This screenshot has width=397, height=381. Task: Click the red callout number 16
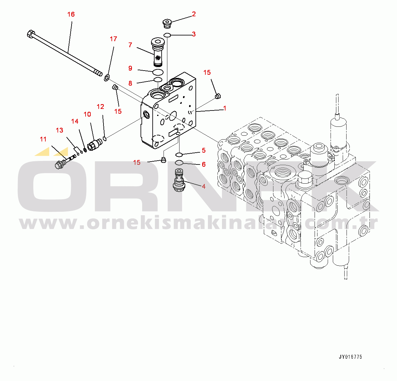pos(71,14)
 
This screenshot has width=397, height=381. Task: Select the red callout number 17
pos(113,39)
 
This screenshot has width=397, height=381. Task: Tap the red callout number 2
pos(194,14)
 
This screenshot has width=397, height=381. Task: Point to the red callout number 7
pos(130,45)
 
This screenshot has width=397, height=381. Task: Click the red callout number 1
pos(225,108)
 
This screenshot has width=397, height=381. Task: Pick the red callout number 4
pos(203,186)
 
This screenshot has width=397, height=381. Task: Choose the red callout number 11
pos(43,139)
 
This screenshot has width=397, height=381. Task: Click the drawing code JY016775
pos(350,357)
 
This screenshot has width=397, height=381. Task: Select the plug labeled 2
pos(167,23)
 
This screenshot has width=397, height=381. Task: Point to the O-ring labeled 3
pos(167,35)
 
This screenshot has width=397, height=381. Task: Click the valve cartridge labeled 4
pos(179,180)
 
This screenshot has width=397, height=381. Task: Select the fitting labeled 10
pos(95,144)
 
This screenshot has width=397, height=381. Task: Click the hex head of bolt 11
pos(59,164)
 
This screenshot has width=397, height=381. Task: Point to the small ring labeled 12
pos(105,139)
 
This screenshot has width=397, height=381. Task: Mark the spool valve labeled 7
pos(157,52)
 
